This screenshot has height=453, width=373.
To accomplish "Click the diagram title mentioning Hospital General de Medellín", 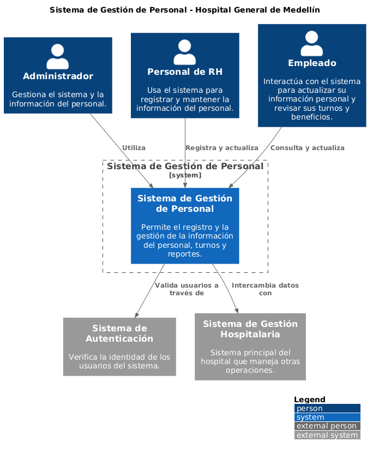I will [x=184, y=10].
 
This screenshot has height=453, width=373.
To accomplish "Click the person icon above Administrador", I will [x=58, y=56].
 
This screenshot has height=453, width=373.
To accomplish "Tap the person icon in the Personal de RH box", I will [x=185, y=52].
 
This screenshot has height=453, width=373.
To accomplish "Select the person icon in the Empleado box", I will [x=312, y=44].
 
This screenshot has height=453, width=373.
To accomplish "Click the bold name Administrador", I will [x=58, y=76].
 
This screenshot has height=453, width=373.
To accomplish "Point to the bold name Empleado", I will [x=312, y=63].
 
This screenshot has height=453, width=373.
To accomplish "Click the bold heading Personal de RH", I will [x=185, y=71].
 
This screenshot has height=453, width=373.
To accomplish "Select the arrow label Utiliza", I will [x=134, y=148].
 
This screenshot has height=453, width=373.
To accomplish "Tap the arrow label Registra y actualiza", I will [x=221, y=148].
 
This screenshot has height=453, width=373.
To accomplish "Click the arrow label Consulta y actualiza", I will [x=307, y=148].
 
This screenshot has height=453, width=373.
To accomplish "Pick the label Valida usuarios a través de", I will [x=186, y=289].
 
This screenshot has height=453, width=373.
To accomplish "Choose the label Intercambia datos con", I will [x=265, y=289].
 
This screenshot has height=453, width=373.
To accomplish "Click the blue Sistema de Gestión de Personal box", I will [x=185, y=225].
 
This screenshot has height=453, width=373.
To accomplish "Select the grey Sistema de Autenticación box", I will [x=119, y=347].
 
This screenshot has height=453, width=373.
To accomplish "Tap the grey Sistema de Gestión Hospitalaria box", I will [x=250, y=347].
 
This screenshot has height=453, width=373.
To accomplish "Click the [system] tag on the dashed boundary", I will [x=185, y=175].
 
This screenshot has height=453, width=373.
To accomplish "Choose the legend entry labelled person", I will [x=327, y=408].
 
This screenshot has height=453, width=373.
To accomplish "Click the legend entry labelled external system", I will [x=327, y=435].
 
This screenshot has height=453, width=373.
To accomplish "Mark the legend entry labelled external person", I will [x=327, y=426].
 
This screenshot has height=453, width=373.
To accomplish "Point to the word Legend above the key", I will [x=310, y=400].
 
